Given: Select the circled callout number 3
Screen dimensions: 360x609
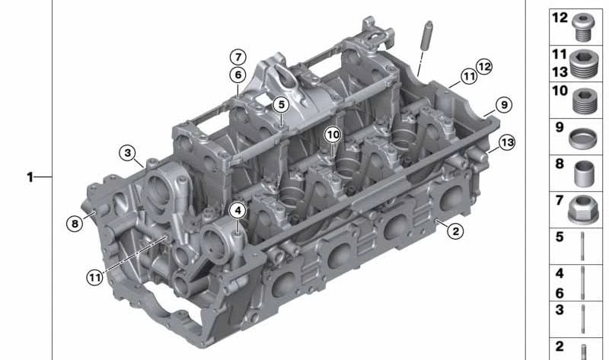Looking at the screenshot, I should click(129, 152).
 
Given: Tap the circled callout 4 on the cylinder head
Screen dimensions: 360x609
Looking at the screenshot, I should click(238, 210).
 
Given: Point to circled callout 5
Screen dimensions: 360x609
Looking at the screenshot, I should click(281, 104).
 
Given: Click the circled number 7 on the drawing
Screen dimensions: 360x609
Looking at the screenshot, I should click(238, 57).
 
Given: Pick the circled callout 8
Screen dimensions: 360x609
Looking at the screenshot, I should click(73, 223).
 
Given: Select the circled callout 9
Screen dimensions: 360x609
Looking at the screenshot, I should click(502, 105).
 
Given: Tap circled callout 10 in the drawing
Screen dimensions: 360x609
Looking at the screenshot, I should click(332, 134).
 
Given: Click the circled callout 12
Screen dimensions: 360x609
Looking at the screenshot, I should click(485, 66).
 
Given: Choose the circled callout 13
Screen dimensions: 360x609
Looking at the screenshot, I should click(507, 142).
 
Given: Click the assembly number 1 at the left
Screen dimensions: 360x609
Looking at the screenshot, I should click(30, 177).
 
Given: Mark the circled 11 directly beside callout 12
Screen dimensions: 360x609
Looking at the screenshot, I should click(467, 75).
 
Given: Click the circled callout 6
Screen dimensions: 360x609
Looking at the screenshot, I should click(238, 75).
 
